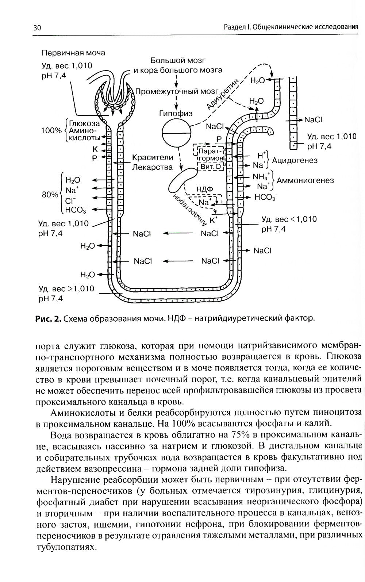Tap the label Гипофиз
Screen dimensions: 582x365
(176, 114)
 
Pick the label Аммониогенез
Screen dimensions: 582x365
(305, 180)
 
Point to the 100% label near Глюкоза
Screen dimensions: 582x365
(51, 130)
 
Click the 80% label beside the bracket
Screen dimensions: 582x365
(50, 195)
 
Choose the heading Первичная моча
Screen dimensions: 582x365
(73, 53)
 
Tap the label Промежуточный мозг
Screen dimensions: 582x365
(176, 91)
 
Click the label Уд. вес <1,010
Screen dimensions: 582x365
(289, 219)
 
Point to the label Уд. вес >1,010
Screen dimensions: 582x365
(66, 289)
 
